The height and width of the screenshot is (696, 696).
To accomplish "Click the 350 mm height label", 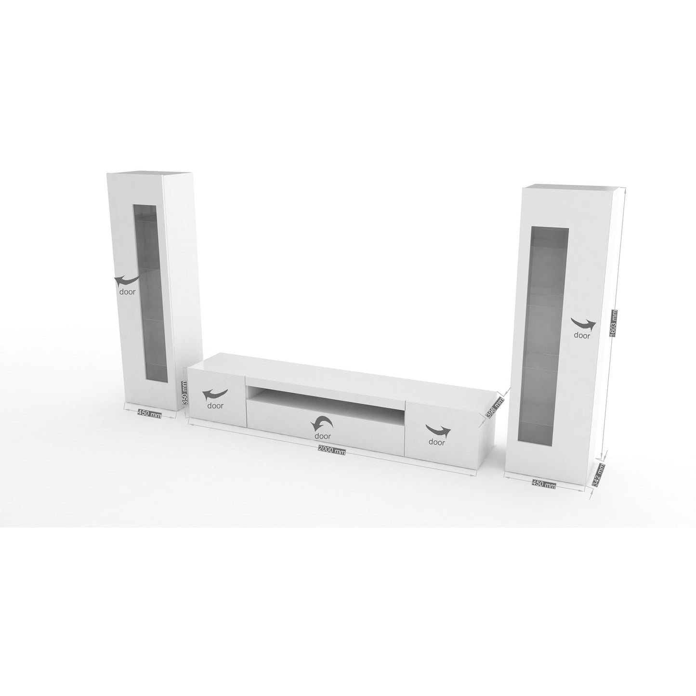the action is pos(184,392).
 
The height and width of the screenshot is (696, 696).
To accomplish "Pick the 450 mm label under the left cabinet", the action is pos(149,414).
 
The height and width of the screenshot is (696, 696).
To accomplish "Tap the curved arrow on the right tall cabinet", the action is pos(583,324).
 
